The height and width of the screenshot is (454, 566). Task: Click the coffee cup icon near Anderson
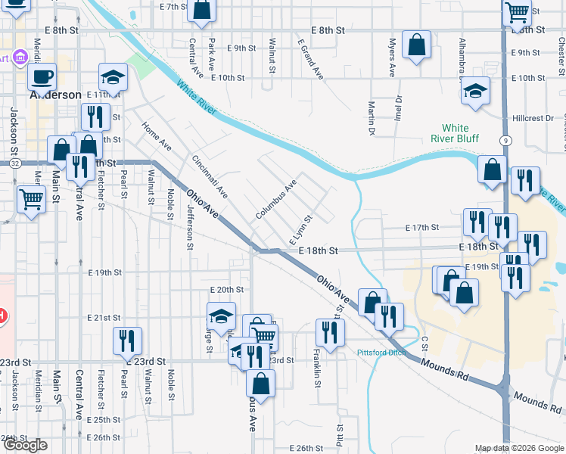[42, 76]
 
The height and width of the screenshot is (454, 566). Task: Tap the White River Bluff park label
[455, 133]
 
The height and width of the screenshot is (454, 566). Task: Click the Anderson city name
[54, 95]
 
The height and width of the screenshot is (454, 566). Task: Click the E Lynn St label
[300, 229]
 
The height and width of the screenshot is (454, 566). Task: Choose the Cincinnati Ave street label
[210, 176]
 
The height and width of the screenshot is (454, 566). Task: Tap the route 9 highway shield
[504, 141]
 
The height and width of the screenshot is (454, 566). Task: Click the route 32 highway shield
[15, 163]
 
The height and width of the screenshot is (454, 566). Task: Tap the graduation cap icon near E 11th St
[113, 77]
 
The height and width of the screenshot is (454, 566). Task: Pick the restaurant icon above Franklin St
[330, 332]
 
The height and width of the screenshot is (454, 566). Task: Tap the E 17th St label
[422, 227]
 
